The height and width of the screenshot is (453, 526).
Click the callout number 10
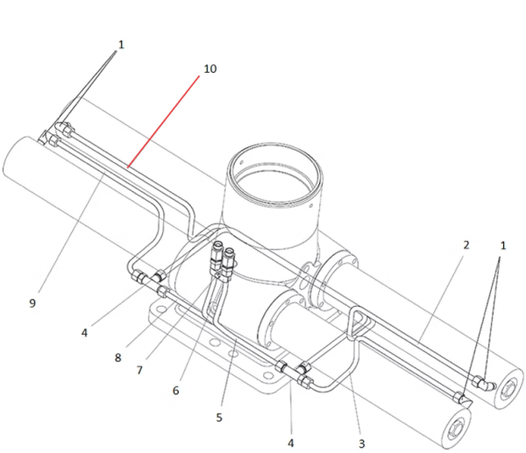click(210, 68)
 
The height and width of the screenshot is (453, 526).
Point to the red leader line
click(164, 122)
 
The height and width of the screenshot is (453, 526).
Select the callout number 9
click(32, 303)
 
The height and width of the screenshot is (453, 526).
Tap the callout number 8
click(117, 357)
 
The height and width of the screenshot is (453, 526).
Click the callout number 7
click(139, 370)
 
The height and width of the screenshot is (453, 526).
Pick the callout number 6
click(176, 390)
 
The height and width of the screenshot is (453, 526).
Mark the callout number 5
click(219, 417)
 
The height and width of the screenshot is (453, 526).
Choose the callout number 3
click(361, 443)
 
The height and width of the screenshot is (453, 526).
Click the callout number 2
click(466, 245)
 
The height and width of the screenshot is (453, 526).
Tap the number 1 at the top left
click(121, 45)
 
